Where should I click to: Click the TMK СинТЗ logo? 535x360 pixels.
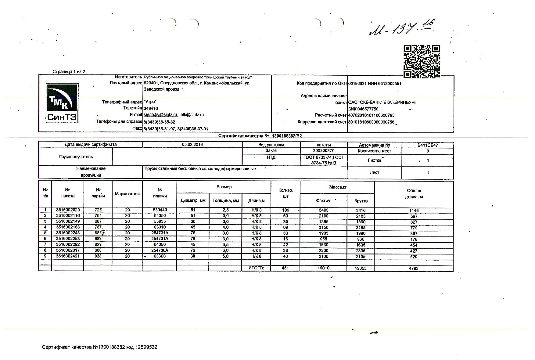pyautogui.click(x=62, y=103)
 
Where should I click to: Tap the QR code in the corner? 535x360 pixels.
pyautogui.click(x=422, y=62)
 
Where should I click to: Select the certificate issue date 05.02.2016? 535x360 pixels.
pyautogui.click(x=192, y=145)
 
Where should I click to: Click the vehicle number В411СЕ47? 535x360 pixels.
pyautogui.click(x=428, y=145)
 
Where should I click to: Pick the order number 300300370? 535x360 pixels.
pyautogui.click(x=324, y=151)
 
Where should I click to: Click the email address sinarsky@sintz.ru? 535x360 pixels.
pyautogui.click(x=160, y=115)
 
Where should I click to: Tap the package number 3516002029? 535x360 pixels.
pyautogui.click(x=68, y=210)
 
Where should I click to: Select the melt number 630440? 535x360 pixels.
pyautogui.click(x=160, y=210)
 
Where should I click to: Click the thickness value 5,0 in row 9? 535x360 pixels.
pyautogui.click(x=225, y=256)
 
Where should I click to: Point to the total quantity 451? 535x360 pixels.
pyautogui.click(x=285, y=268)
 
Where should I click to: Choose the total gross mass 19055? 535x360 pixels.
pyautogui.click(x=361, y=268)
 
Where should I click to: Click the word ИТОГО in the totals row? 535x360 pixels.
pyautogui.click(x=256, y=268)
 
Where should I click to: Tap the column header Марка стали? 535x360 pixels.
pyautogui.click(x=127, y=194)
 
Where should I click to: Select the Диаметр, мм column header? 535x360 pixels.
pyautogui.click(x=193, y=200)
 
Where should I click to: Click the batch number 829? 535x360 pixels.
pyautogui.click(x=98, y=245)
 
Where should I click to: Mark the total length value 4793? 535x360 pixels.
pyautogui.click(x=414, y=268)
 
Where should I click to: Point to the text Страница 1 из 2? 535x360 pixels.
pyautogui.click(x=69, y=72)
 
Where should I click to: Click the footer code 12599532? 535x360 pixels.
pyautogui.click(x=146, y=347)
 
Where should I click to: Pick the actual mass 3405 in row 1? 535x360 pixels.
pyautogui.click(x=324, y=210)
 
